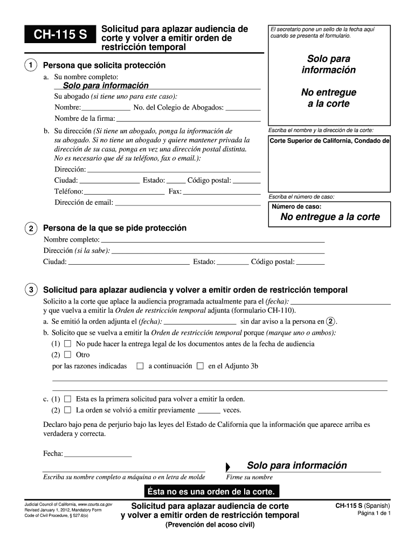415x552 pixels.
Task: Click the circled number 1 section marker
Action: (32, 65)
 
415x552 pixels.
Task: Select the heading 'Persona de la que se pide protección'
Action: (114, 228)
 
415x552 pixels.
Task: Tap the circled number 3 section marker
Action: (32, 290)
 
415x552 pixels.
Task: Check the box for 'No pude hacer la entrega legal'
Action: (67, 343)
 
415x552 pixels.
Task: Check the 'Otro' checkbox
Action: (67, 355)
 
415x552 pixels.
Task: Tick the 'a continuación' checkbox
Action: (140, 366)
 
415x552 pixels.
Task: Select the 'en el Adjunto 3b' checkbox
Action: (200, 366)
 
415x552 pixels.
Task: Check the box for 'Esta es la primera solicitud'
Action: (67, 399)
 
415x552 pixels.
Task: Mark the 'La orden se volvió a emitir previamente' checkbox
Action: (67, 410)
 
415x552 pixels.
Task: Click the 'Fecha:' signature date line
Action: (98, 453)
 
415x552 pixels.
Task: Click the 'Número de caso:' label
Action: (296, 206)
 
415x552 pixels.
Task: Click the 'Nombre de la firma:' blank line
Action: (188, 119)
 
